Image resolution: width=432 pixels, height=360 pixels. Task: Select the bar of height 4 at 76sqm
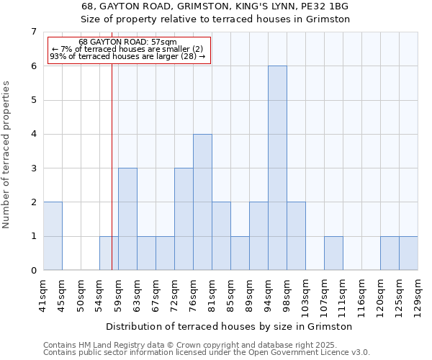pyautogui.click(x=202, y=202)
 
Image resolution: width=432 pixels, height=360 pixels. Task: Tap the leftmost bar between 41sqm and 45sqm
pyautogui.click(x=53, y=236)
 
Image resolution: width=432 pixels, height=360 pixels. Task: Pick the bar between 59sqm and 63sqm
pyautogui.click(x=127, y=219)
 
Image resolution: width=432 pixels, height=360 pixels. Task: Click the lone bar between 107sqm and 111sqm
pyautogui.click(x=333, y=253)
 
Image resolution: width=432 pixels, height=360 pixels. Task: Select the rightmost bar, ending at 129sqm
pyautogui.click(x=408, y=253)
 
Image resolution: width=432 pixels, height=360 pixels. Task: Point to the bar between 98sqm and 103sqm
pyautogui.click(x=296, y=236)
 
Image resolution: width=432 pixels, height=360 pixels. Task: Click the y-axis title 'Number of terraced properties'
pyautogui.click(x=7, y=154)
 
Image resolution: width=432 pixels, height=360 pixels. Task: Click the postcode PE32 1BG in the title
pyautogui.click(x=323, y=6)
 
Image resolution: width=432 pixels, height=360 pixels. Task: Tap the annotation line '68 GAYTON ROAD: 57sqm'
pyautogui.click(x=127, y=42)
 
